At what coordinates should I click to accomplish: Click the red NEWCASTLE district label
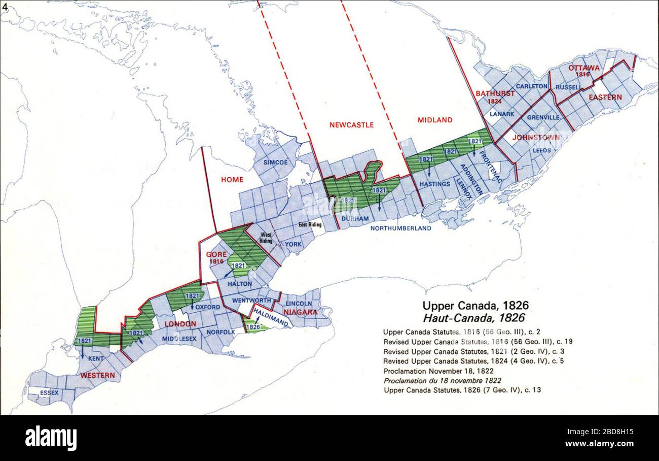click(x=351, y=124)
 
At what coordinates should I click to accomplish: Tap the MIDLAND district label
click(x=434, y=120)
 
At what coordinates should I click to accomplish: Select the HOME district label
click(x=232, y=179)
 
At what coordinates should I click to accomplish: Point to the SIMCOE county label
click(x=275, y=162)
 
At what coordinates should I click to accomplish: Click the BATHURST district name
click(x=495, y=93)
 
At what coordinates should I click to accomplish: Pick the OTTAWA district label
click(x=583, y=68)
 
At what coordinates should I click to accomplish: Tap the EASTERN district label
click(x=605, y=97)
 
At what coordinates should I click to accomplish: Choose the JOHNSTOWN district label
click(x=536, y=138)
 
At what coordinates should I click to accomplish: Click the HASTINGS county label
click(x=434, y=184)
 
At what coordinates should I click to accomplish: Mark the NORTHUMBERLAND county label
click(x=400, y=228)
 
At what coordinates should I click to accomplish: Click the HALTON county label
click(x=240, y=284)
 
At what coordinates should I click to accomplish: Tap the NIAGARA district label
click(x=301, y=312)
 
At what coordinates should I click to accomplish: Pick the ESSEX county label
click(x=49, y=392)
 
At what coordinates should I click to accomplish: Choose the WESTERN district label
click(x=97, y=375)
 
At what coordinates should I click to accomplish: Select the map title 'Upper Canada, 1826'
click(x=475, y=306)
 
